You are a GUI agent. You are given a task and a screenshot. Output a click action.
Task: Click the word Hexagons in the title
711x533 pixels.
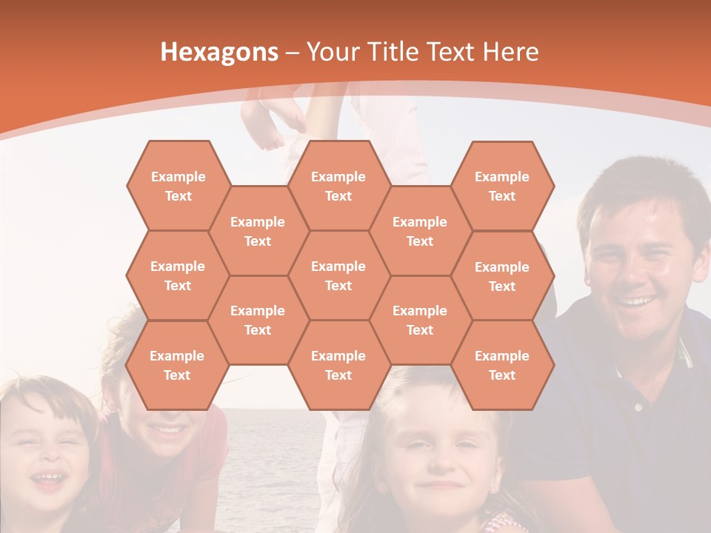click(219, 52)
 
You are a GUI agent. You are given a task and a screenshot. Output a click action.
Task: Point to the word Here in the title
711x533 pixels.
click(510, 52)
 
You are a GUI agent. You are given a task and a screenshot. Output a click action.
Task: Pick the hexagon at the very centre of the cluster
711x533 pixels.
click(338, 275)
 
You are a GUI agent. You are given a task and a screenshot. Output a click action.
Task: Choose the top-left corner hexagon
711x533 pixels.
click(178, 186)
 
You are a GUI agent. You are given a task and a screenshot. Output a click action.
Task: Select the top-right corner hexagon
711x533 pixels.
click(502, 186)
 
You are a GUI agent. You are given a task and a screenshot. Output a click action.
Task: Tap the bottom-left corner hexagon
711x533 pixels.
click(177, 365)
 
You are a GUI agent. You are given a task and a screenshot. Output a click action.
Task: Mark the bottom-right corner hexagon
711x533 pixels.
click(502, 365)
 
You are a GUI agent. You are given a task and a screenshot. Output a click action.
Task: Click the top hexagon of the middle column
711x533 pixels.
click(338, 186)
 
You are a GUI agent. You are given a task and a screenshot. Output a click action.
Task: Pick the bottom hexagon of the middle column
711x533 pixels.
click(338, 365)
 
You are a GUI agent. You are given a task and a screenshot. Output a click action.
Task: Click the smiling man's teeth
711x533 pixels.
click(637, 301)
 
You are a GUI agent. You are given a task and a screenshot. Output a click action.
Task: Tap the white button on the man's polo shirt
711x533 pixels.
click(638, 406)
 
